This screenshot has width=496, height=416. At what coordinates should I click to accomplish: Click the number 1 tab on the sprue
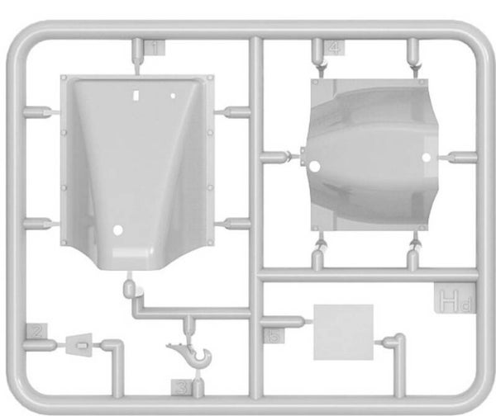pos(155,48)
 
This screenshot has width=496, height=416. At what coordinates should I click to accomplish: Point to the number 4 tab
pos(334,47)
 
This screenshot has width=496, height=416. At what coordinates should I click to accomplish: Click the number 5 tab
pos(272,335)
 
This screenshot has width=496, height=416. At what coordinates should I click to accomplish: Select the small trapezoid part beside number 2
pos(79,342)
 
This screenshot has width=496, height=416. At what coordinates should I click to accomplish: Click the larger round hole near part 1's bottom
pos(119,229)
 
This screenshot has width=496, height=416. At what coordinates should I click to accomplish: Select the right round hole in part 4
pos(427,156)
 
